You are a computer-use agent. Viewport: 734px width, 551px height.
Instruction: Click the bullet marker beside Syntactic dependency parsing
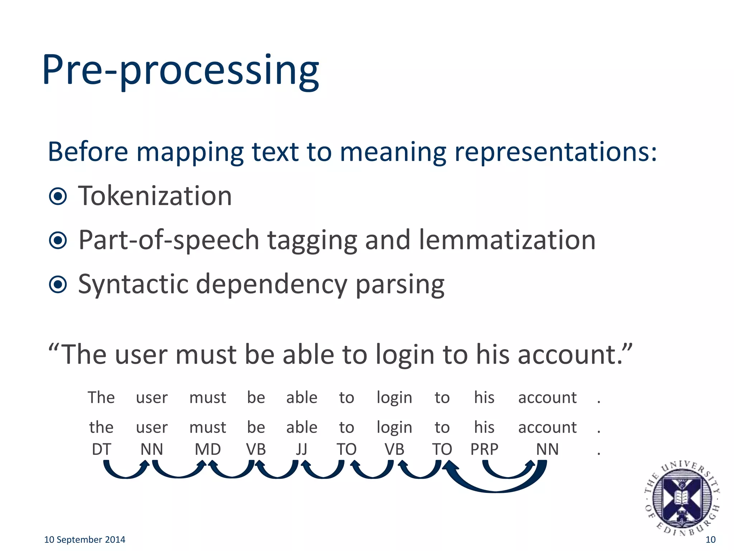point(58,284)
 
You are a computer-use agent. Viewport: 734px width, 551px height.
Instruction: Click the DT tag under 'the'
point(101,449)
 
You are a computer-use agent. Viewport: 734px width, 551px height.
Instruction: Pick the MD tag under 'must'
point(208,449)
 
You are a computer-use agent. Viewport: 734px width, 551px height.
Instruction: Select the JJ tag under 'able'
point(301,449)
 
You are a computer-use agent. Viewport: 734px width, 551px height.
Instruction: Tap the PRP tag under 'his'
point(484,449)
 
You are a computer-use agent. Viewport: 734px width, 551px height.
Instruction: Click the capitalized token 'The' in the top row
point(101,397)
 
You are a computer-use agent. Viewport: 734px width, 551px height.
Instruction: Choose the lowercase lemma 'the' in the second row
point(101,427)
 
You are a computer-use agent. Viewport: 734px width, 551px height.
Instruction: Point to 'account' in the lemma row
point(547,427)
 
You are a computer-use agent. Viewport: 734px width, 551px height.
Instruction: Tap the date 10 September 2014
point(85,540)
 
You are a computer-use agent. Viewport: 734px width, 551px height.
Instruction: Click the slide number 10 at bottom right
point(710,540)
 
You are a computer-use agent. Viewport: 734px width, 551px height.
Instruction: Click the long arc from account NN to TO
point(496,489)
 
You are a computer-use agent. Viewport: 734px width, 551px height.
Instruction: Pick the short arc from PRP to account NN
point(508,475)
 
